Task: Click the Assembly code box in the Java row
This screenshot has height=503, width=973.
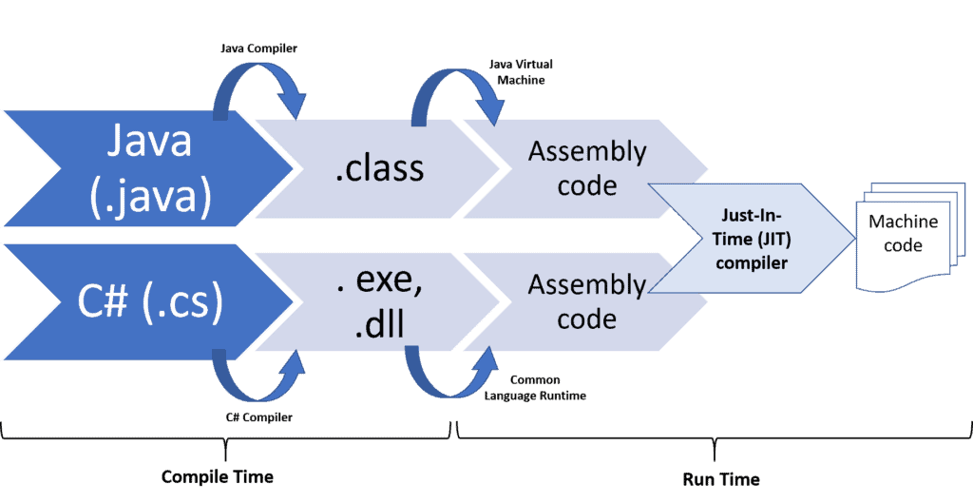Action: coord(587,168)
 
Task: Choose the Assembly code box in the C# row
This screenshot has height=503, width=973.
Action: coord(587,301)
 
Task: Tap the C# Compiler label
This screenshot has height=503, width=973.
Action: coord(258,416)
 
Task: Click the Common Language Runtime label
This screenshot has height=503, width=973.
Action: coord(535,387)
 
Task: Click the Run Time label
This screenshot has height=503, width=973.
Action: coord(721,478)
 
